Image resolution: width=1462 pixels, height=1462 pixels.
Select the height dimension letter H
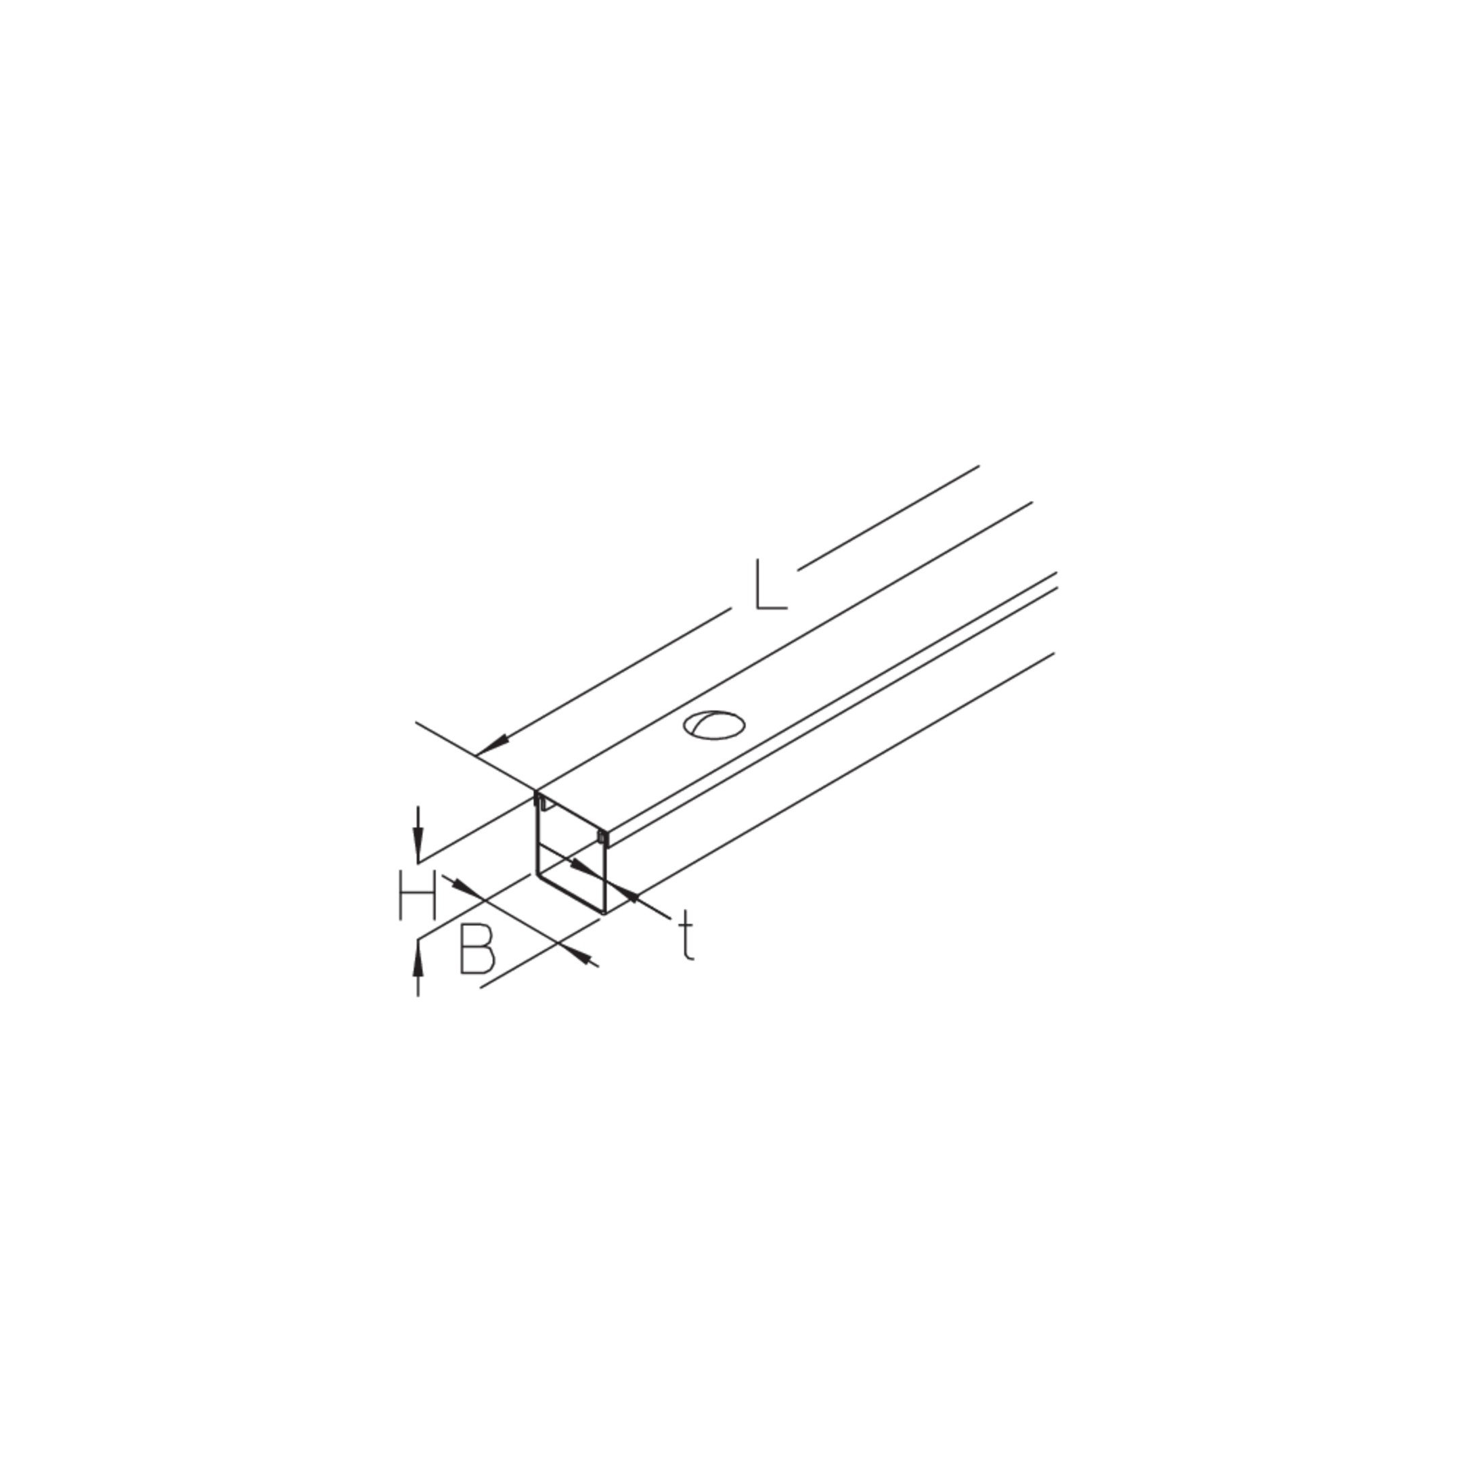pyautogui.click(x=418, y=895)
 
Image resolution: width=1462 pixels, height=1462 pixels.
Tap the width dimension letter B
pyautogui.click(x=477, y=948)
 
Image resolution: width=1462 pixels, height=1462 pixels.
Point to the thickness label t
pyautogui.click(x=686, y=935)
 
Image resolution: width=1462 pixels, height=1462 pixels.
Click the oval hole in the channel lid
pyautogui.click(x=713, y=725)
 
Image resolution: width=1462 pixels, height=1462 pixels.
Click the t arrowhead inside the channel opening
pyautogui.click(x=583, y=867)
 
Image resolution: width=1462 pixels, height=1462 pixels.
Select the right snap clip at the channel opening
pyautogui.click(x=602, y=836)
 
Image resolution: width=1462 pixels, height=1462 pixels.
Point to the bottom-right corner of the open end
pyautogui.click(x=605, y=913)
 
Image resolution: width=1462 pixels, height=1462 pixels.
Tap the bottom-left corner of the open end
pyautogui.click(x=537, y=874)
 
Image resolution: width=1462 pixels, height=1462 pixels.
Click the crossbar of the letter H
pyautogui.click(x=418, y=895)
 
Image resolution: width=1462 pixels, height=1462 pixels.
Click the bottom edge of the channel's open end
pyautogui.click(x=571, y=894)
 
